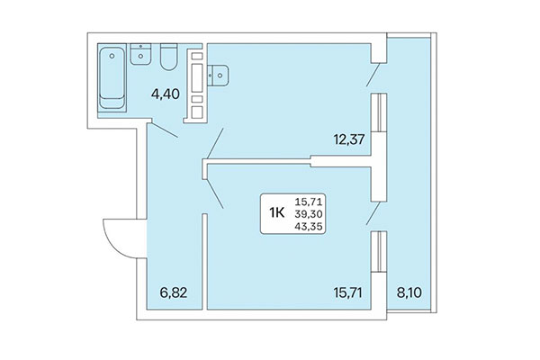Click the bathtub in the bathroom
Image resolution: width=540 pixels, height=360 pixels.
[112, 76]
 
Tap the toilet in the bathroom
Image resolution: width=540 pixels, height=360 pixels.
[166, 58]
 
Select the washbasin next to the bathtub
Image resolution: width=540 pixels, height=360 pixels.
[139, 56]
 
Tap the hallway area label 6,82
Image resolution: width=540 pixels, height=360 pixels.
[173, 292]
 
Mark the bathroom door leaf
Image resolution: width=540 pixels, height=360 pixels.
[164, 132]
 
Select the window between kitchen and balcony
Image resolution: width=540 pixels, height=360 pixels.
[381, 117]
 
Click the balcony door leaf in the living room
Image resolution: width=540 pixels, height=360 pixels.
[373, 213]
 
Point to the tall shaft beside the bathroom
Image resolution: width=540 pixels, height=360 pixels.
[195, 85]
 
